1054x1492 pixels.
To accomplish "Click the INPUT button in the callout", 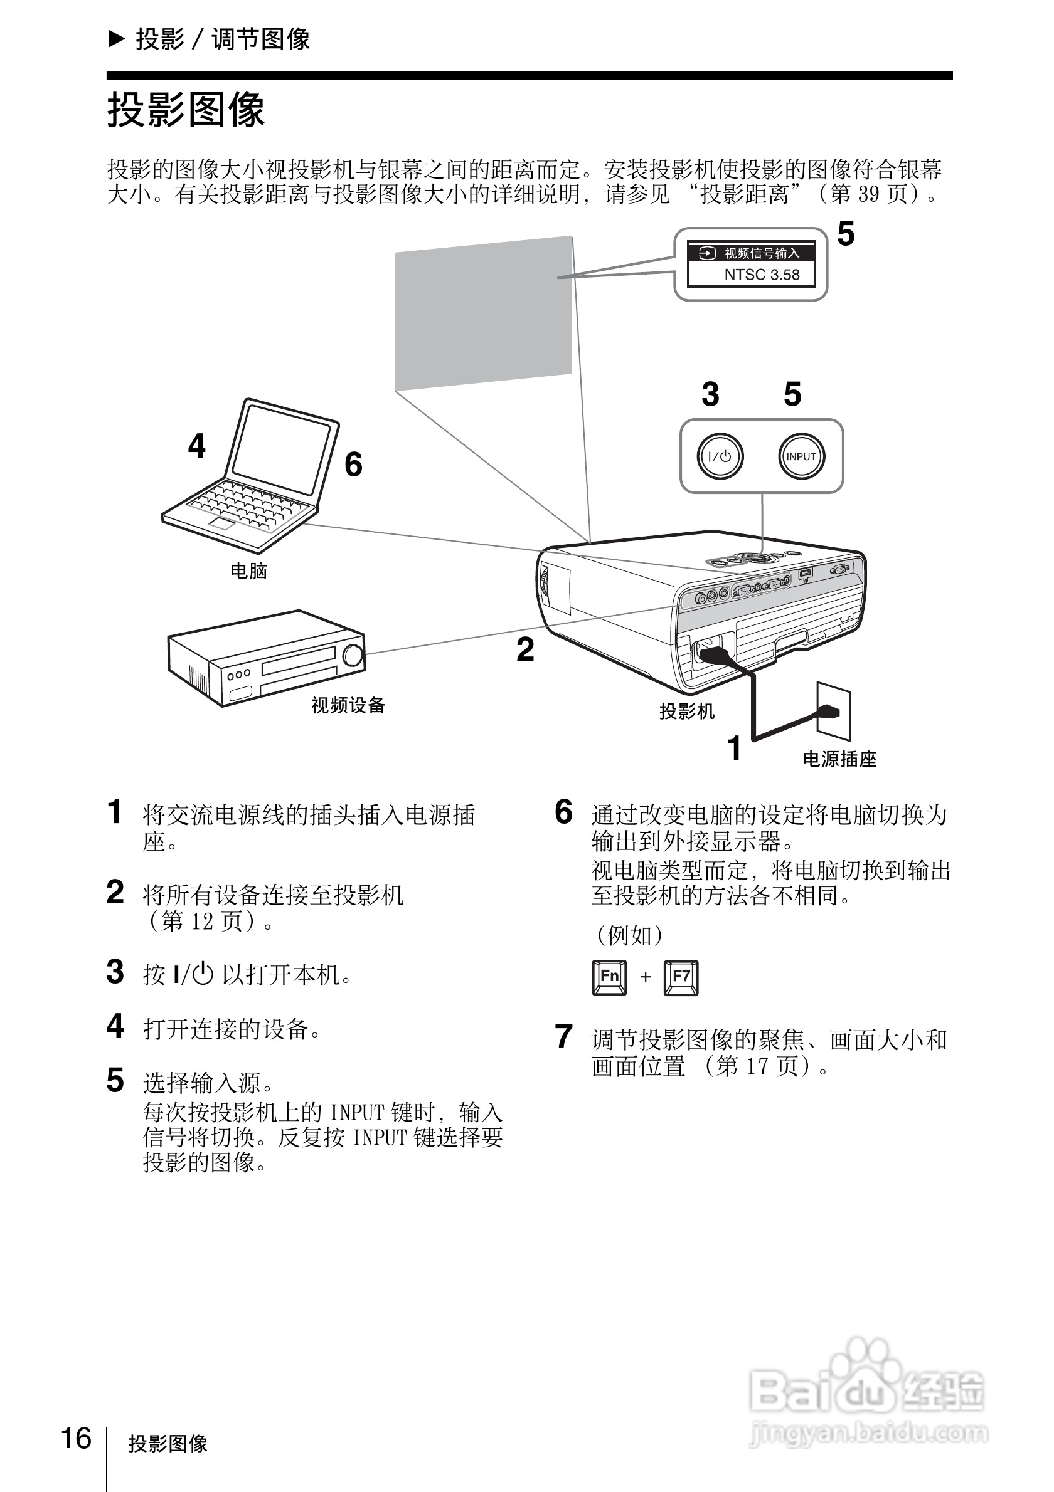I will pyautogui.click(x=801, y=456).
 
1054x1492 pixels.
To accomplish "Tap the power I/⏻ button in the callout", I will pyautogui.click(x=719, y=456).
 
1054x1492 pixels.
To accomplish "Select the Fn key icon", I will pyautogui.click(x=609, y=977).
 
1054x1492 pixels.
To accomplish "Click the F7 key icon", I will pyautogui.click(x=681, y=977).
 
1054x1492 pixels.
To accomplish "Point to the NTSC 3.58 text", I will pyautogui.click(x=762, y=275).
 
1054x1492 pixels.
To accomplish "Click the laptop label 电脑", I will pyautogui.click(x=248, y=571).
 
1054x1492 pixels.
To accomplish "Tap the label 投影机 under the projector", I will pyautogui.click(x=686, y=712).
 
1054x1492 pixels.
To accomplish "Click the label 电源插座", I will pyautogui.click(x=839, y=759).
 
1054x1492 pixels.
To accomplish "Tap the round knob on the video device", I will pyautogui.click(x=353, y=656).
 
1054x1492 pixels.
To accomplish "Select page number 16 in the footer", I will pyautogui.click(x=76, y=1439).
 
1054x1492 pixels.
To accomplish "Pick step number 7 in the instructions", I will pyautogui.click(x=563, y=1036).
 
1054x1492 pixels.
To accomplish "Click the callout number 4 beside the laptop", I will pyautogui.click(x=196, y=446).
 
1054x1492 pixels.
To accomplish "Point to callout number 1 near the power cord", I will pyautogui.click(x=734, y=748).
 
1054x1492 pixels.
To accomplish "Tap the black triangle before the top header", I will pyautogui.click(x=115, y=39).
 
